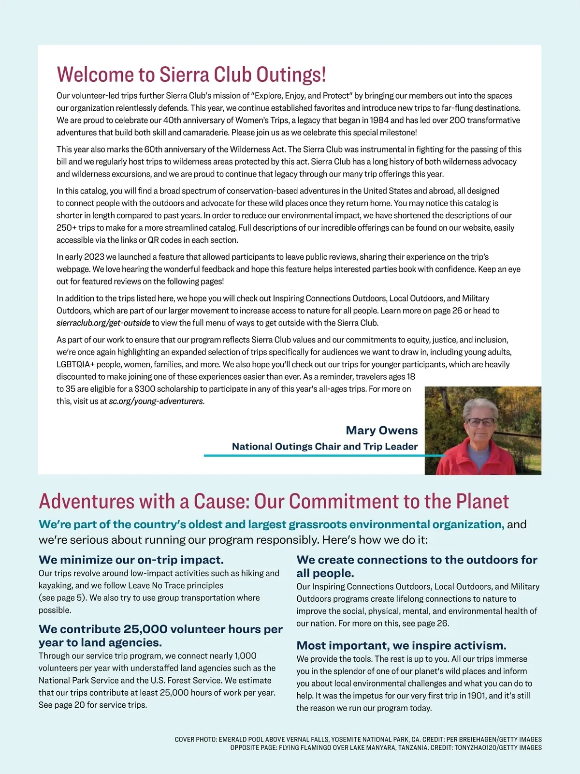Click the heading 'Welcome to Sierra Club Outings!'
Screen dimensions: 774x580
191,74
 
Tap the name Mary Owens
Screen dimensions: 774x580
381,430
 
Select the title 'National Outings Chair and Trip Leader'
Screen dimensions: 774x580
325,447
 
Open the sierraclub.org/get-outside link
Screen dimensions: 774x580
103,323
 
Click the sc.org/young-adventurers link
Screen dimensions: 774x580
156,401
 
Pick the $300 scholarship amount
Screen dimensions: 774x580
145,389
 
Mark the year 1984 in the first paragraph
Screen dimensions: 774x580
379,120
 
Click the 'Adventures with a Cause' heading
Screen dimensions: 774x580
274,502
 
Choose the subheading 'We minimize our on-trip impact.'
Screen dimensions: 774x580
131,560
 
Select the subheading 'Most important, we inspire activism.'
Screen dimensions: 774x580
401,645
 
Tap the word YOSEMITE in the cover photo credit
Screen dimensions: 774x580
347,739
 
